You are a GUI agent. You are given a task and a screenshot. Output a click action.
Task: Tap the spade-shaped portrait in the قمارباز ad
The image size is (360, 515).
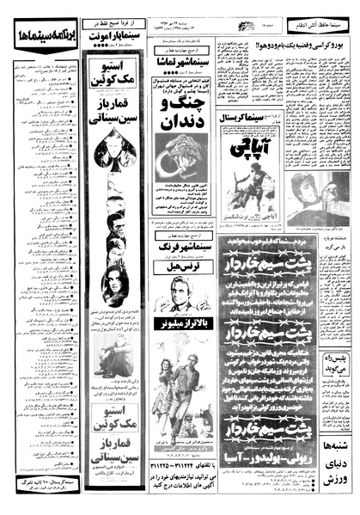[x=114, y=152]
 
